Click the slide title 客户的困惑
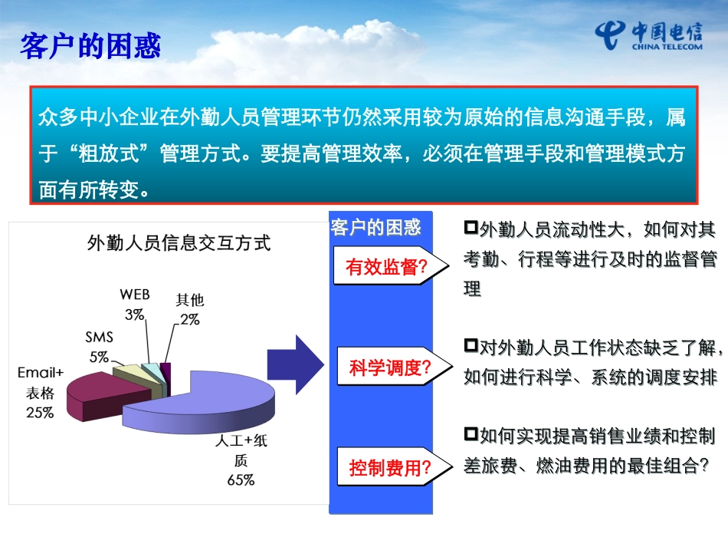(90, 46)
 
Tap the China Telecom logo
(648, 35)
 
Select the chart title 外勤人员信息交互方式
(179, 243)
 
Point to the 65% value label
(241, 479)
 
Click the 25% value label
(40, 412)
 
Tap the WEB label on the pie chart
(135, 294)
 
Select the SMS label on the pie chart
(99, 337)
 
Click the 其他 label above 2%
(190, 300)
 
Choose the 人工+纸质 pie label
(241, 450)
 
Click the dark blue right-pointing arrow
(296, 365)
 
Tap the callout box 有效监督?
(391, 266)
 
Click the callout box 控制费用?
(395, 466)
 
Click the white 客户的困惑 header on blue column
(375, 227)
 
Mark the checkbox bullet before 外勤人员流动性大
(471, 227)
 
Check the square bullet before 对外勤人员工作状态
(471, 345)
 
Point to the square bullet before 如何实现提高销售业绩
(471, 434)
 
